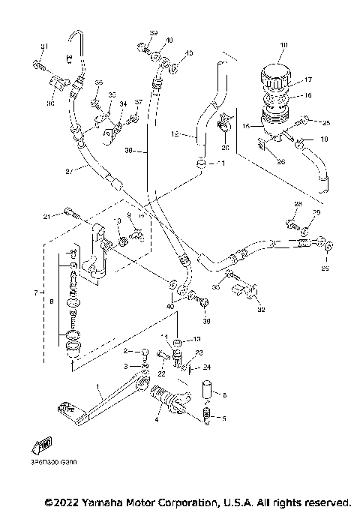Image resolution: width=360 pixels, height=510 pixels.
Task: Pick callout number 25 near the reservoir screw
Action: (326, 122)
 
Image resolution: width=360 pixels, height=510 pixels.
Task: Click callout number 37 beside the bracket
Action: (137, 102)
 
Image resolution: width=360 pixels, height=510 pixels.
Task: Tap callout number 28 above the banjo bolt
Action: (297, 205)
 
